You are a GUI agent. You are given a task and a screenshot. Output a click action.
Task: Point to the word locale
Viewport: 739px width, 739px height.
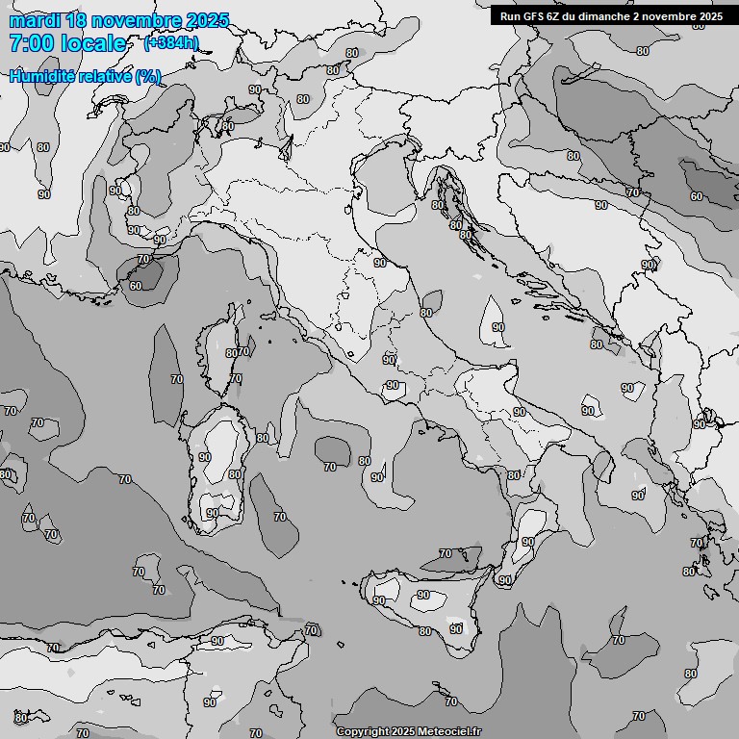coord(92,43)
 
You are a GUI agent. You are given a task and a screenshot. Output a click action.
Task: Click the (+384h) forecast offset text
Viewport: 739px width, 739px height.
coord(171,42)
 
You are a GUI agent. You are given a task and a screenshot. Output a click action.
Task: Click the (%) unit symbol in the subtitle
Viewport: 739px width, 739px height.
coord(148,76)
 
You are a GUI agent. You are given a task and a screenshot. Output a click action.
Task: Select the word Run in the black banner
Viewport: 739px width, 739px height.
coord(510,16)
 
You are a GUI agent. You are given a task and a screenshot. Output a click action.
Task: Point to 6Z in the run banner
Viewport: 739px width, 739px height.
coord(553,16)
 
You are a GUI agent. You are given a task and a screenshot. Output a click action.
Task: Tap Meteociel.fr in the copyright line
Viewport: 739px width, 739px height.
coord(448,731)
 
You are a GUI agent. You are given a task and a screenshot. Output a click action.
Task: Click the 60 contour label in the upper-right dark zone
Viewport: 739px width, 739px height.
coord(696,196)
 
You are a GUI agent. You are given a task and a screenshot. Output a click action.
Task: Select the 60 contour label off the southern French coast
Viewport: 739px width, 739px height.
coord(136,286)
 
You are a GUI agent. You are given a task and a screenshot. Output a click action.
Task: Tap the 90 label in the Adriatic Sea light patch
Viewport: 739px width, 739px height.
coord(497,327)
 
